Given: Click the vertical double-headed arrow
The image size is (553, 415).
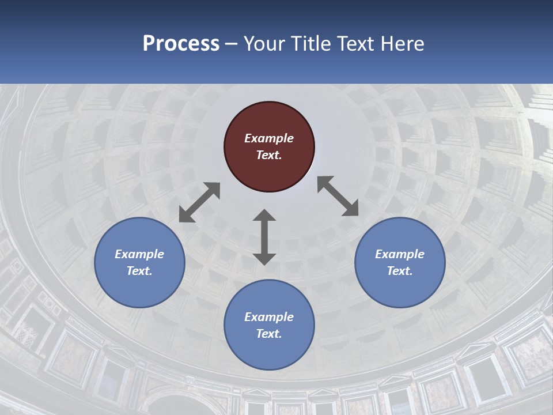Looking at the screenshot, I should click(x=264, y=237).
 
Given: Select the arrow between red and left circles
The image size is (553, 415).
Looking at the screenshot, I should click(x=199, y=202).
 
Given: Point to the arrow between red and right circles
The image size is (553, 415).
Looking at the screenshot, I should click(x=338, y=196).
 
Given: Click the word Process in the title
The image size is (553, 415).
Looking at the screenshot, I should click(x=181, y=43).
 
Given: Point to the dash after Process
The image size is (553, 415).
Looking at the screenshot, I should click(x=232, y=44).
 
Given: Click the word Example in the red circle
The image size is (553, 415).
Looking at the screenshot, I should click(x=269, y=138).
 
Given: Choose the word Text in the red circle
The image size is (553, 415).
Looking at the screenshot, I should click(x=268, y=155).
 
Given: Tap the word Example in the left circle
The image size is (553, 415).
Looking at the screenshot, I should click(x=139, y=254).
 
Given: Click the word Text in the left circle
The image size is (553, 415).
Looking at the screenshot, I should click(x=138, y=271).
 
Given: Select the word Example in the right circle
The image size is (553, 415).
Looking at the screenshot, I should click(x=400, y=254).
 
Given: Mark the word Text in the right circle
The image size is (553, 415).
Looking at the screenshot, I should click(x=399, y=271).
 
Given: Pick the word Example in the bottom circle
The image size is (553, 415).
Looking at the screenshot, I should click(x=269, y=317).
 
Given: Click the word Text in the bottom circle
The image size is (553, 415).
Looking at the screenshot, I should click(x=268, y=334).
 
